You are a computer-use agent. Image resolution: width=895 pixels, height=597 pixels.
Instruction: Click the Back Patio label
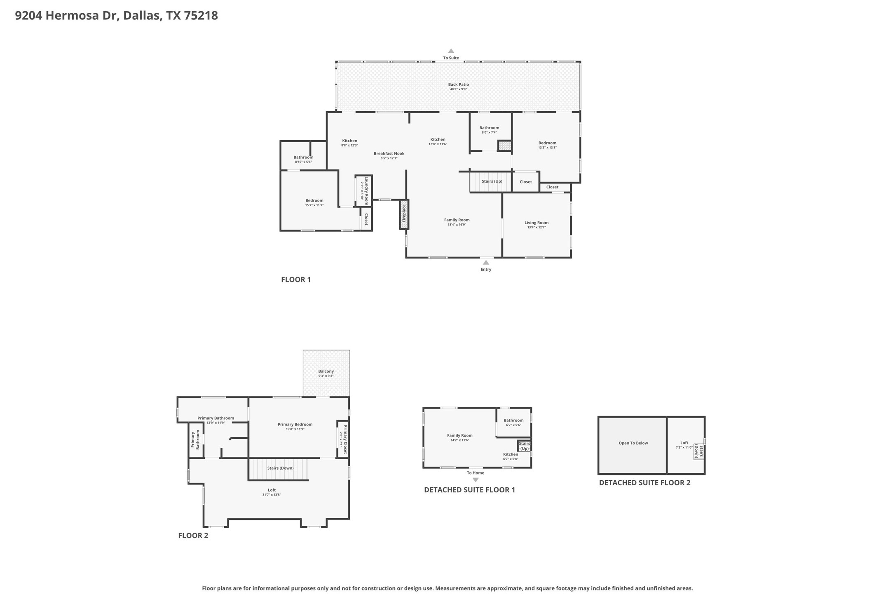click(x=458, y=85)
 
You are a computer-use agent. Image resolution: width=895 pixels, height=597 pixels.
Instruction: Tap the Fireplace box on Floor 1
click(x=404, y=214)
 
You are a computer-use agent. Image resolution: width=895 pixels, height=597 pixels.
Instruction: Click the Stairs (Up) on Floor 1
click(x=491, y=182)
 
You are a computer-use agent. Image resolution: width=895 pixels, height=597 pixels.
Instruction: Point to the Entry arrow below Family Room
click(x=486, y=263)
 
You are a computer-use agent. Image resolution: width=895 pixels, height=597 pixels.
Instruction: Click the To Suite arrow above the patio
click(x=451, y=51)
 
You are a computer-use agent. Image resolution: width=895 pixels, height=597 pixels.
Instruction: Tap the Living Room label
click(x=536, y=223)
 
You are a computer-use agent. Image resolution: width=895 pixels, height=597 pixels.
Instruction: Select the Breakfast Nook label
click(x=389, y=153)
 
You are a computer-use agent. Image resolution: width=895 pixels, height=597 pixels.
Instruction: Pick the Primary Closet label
click(x=345, y=439)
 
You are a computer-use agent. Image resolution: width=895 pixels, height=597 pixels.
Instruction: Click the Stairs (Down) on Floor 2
click(x=280, y=468)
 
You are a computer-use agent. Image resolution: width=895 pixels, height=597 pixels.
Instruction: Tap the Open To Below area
click(x=633, y=443)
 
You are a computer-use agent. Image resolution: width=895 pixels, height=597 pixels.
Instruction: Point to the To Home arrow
click(x=476, y=480)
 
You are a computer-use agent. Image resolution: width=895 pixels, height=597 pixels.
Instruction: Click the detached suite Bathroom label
click(x=513, y=421)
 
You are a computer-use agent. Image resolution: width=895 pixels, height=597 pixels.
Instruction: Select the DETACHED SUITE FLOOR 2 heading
click(x=644, y=483)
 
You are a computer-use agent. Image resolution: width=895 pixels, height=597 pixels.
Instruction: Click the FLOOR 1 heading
click(x=295, y=280)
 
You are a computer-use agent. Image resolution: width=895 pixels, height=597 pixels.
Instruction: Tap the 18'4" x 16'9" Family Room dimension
click(x=457, y=225)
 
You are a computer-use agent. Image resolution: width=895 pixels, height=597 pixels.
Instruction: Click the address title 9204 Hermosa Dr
click(x=116, y=16)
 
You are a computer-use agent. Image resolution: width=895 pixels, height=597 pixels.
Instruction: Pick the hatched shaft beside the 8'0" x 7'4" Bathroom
click(x=505, y=146)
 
